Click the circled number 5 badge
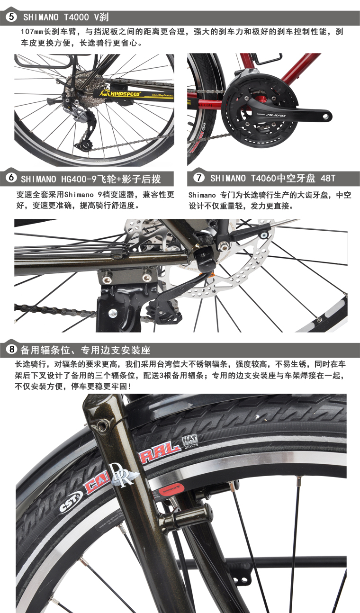tap(11, 17)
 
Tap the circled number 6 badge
tap(11, 178)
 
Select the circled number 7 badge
tap(199, 178)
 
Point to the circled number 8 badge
tap(11, 349)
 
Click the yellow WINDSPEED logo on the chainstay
tap(120, 94)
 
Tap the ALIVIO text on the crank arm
tap(276, 115)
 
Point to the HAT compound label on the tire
tap(190, 441)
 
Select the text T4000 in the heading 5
tap(76, 17)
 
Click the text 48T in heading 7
tap(328, 179)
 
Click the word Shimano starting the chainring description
tap(202, 195)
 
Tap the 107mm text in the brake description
tap(32, 31)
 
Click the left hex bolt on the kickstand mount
tap(107, 279)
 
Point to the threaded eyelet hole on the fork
tap(103, 425)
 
